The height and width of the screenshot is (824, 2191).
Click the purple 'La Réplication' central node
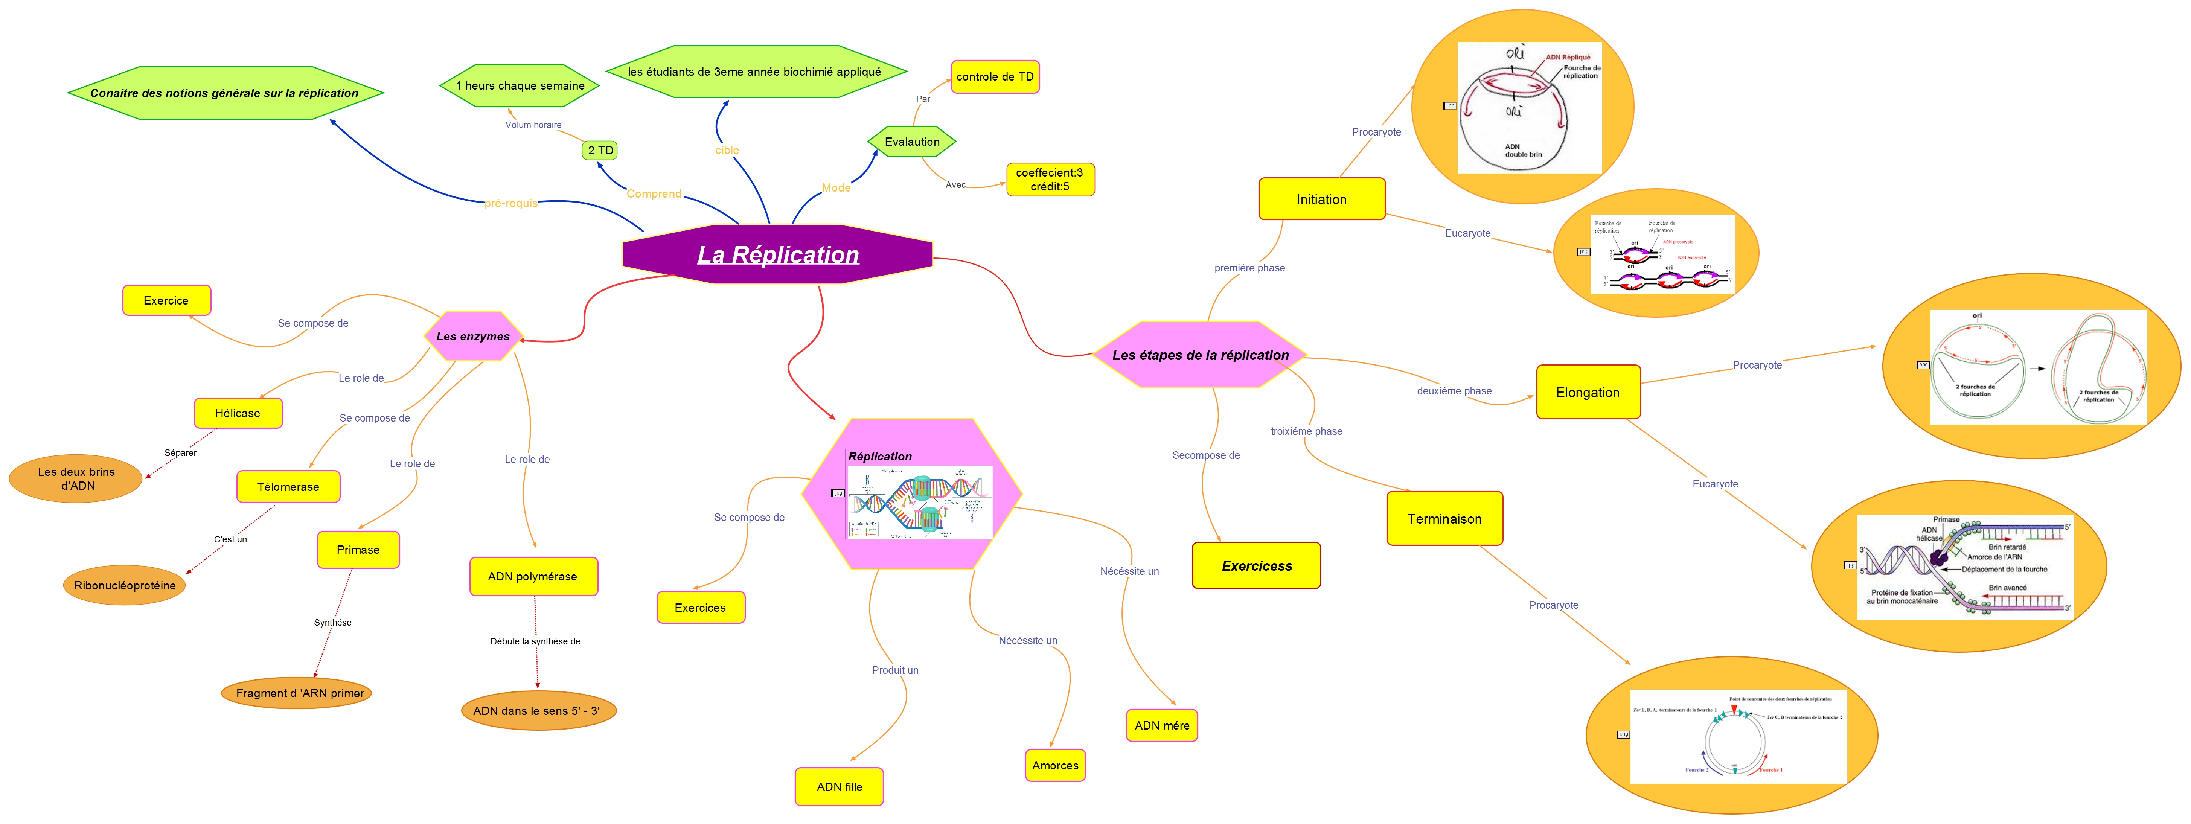point(777,254)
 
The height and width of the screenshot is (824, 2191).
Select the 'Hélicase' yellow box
point(237,413)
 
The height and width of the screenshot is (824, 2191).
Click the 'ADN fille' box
point(839,787)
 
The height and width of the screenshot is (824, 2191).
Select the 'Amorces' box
point(1055,765)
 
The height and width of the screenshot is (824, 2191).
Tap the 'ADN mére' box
point(1162,725)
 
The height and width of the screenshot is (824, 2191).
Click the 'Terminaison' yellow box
point(1444,519)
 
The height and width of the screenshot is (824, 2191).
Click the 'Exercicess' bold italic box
point(1256,565)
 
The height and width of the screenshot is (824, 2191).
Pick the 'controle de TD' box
point(994,76)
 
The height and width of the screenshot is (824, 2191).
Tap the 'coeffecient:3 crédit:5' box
point(1050,180)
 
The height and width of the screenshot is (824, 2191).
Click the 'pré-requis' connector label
point(510,203)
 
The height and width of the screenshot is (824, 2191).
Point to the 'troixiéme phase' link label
point(1306,431)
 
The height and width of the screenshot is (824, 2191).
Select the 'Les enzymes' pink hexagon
point(473,336)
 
